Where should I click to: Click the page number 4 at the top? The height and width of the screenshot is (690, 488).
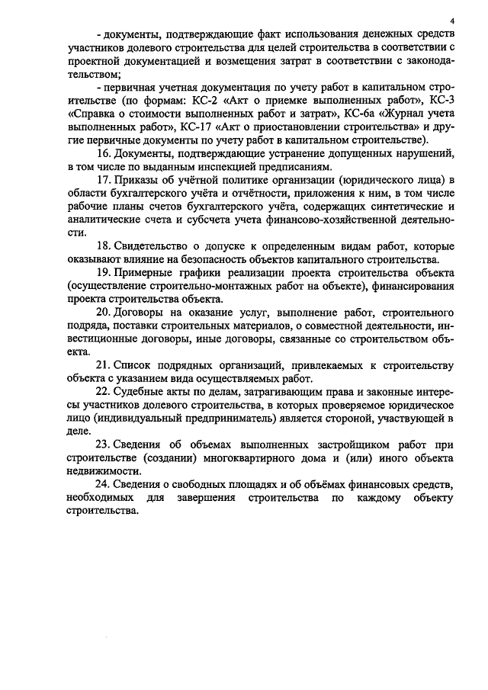[x=451, y=21]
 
